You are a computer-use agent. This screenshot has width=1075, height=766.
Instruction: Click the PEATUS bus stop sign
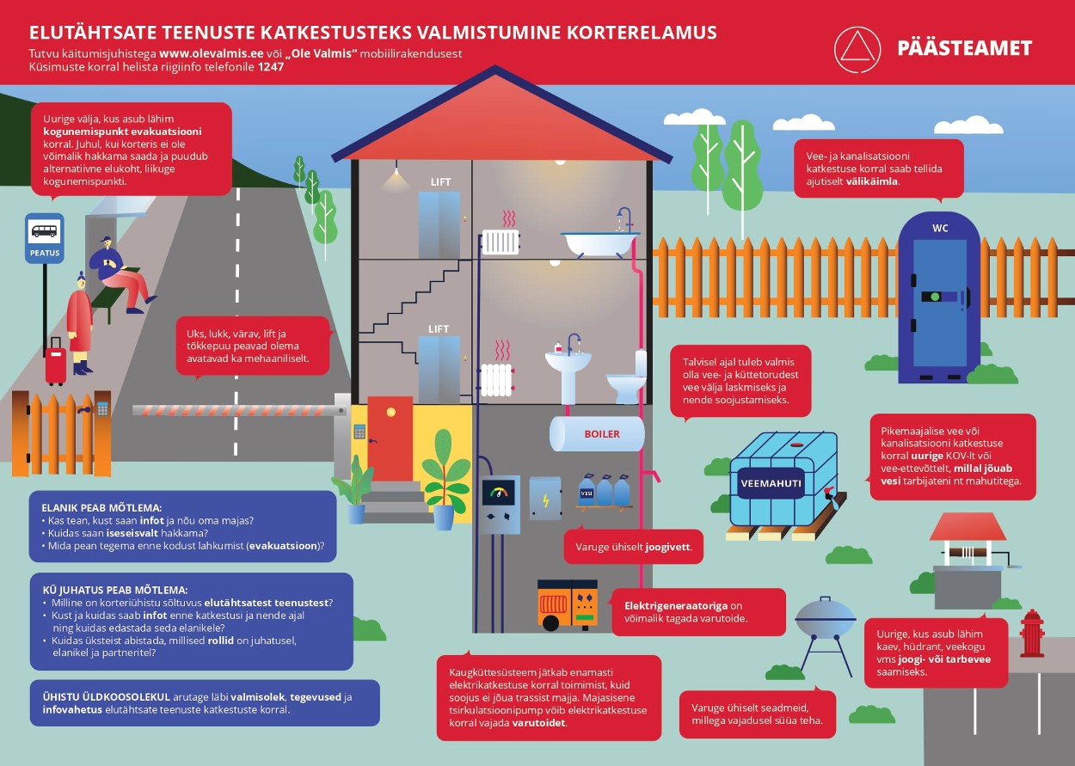[44, 238]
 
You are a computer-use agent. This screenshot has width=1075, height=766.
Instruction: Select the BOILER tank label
[601, 434]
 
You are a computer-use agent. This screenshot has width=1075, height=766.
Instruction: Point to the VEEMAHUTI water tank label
[771, 483]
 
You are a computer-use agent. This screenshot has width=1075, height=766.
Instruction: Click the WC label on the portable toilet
[940, 229]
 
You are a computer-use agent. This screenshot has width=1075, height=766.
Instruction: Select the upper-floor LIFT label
[440, 182]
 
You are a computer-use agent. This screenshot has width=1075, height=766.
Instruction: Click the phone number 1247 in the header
[271, 66]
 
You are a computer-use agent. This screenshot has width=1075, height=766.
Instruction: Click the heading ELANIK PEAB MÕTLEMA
[101, 507]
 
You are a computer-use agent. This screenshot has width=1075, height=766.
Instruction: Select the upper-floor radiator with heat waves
[501, 241]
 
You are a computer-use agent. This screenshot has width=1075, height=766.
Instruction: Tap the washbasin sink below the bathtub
[568, 365]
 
